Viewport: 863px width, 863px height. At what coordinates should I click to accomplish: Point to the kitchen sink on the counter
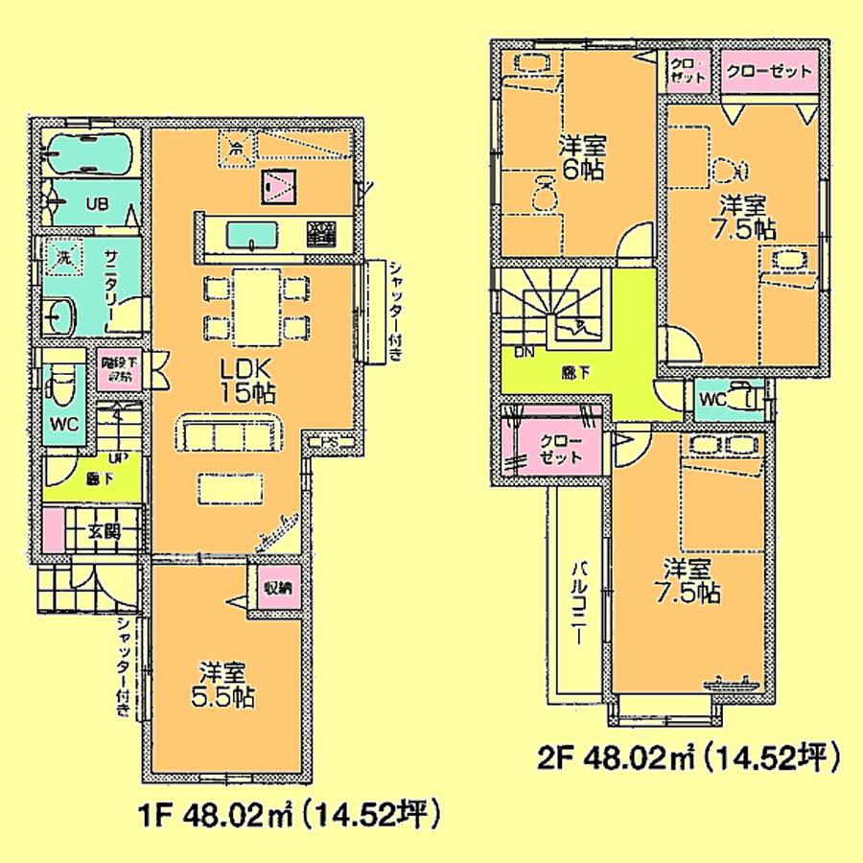tap(252, 234)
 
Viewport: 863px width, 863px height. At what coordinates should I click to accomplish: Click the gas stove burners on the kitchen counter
tap(322, 231)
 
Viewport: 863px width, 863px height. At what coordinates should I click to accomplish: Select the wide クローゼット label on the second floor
tap(768, 71)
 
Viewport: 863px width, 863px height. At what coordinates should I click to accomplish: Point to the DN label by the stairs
tap(525, 352)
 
